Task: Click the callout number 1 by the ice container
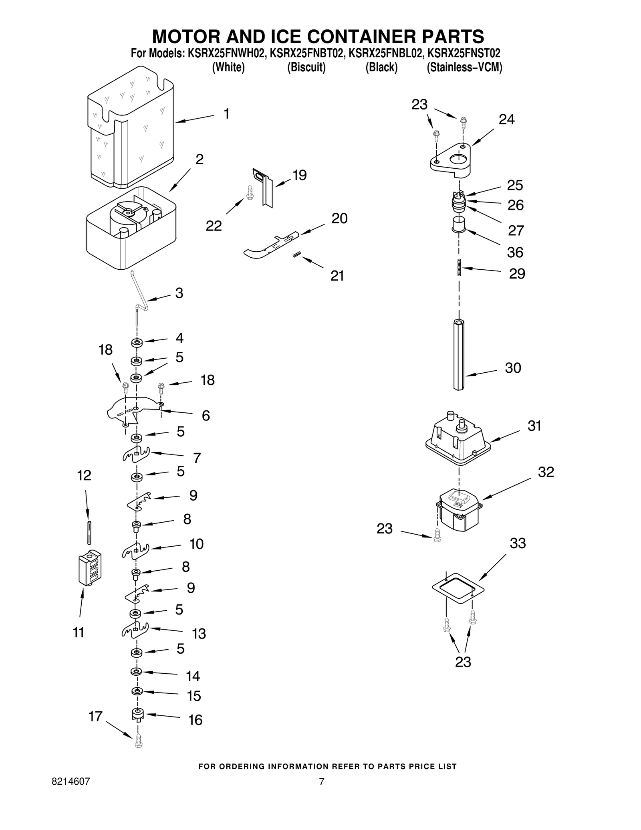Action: pos(226,114)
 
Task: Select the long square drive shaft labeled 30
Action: pos(459,355)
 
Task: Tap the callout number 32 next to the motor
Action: pos(546,472)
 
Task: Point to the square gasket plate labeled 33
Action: pos(458,588)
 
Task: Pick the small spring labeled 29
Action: pos(459,267)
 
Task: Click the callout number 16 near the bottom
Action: pos(195,720)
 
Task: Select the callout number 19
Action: pos(299,175)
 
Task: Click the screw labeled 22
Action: pos(250,193)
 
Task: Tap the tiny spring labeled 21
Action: pos(297,254)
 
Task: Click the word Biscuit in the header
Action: pos(306,67)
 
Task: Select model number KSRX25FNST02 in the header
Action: pos(464,53)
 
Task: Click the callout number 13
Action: pos(199,634)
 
